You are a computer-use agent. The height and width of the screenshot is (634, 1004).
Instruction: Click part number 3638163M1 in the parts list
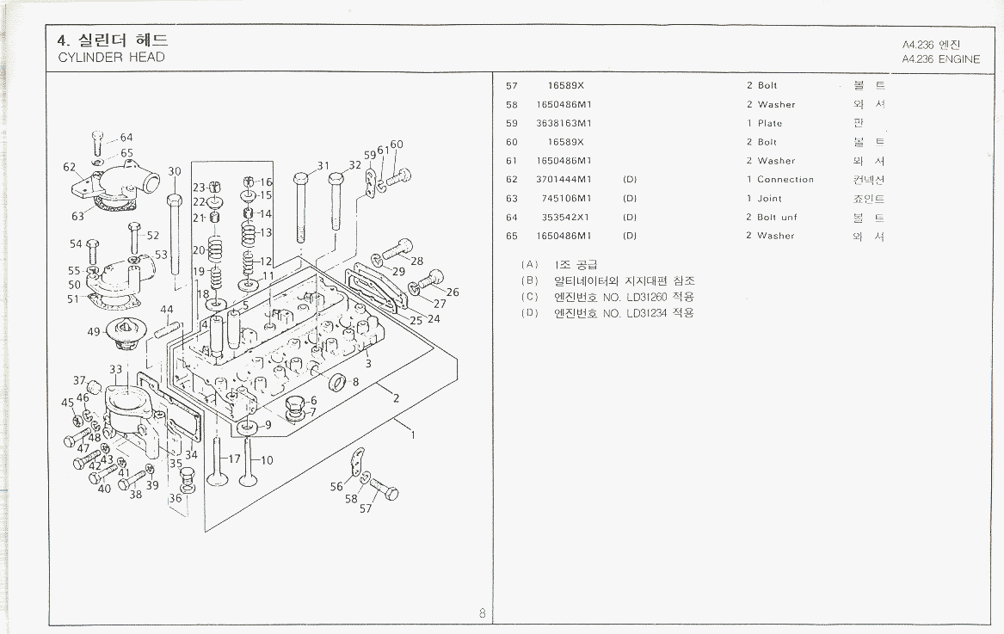point(564,123)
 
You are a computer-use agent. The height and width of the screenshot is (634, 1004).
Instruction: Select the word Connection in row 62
point(785,180)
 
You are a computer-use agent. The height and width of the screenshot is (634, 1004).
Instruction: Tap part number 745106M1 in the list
point(567,199)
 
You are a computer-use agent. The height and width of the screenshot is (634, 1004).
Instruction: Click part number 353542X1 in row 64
point(567,218)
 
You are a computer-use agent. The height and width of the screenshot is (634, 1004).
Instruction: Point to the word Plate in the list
point(770,123)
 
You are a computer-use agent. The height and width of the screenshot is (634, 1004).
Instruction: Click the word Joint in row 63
point(769,199)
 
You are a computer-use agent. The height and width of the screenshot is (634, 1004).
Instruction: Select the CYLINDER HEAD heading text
point(111,58)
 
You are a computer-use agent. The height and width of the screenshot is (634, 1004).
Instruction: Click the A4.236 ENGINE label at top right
point(940,59)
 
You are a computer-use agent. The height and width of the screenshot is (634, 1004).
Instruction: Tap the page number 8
point(483,613)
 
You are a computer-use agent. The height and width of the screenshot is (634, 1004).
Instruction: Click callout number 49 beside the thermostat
point(94,331)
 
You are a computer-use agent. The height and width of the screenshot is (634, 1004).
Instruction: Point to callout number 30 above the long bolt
point(175,171)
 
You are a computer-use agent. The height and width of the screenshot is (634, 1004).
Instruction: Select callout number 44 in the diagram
point(166,310)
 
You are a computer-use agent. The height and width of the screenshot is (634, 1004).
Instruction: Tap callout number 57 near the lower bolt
point(366,508)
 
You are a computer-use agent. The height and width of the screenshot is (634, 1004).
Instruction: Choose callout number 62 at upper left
point(70,167)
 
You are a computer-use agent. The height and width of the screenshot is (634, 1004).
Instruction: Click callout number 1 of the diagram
point(413,434)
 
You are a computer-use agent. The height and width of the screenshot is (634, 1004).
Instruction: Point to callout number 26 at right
point(453,292)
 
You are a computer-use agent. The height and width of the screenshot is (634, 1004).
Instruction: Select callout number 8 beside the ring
point(354,381)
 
